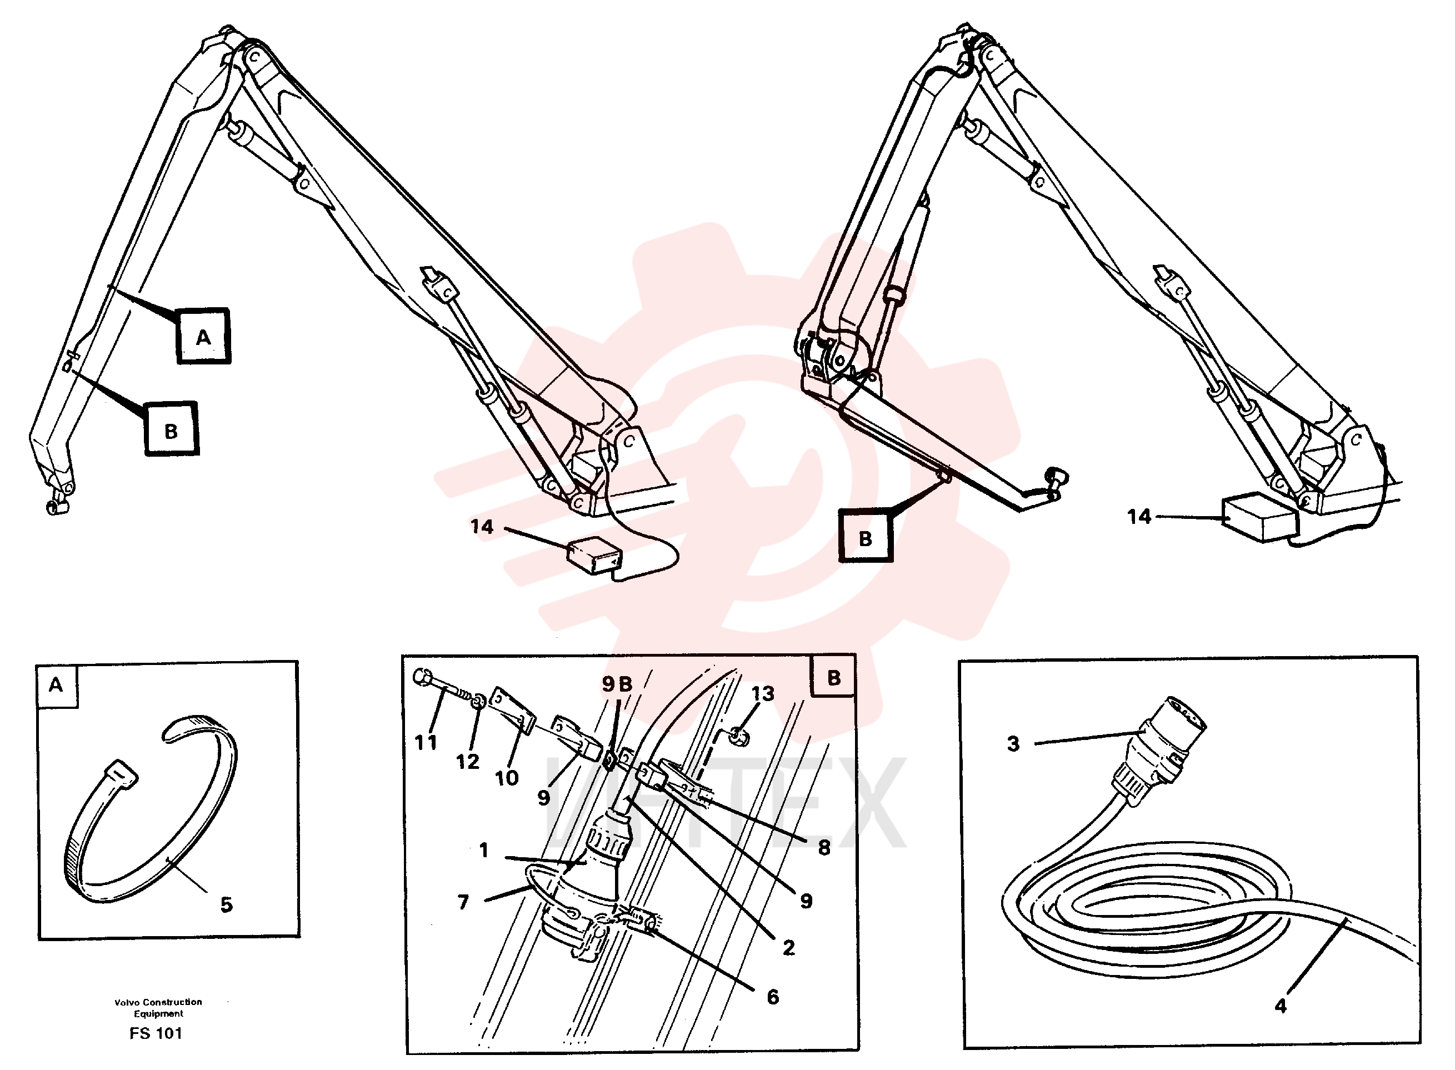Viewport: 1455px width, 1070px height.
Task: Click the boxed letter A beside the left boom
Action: pyautogui.click(x=203, y=336)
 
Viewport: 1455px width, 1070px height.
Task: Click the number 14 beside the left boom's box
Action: pyautogui.click(x=482, y=527)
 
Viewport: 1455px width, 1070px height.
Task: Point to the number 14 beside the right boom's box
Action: pyautogui.click(x=1139, y=516)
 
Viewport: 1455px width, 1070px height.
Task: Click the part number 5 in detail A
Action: pyautogui.click(x=226, y=904)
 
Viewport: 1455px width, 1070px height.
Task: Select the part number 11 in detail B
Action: pyautogui.click(x=426, y=742)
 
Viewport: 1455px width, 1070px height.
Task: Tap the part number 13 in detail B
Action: pyautogui.click(x=763, y=693)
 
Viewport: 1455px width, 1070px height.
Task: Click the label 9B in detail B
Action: pyautogui.click(x=617, y=683)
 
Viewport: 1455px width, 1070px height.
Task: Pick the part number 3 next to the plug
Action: pyautogui.click(x=1013, y=743)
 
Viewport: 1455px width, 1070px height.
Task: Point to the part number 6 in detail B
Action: pyautogui.click(x=773, y=997)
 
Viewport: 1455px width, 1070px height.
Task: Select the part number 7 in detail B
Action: pyautogui.click(x=463, y=902)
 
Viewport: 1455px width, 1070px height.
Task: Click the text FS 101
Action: pyautogui.click(x=156, y=1033)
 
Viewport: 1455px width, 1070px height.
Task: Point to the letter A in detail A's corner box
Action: pyautogui.click(x=56, y=684)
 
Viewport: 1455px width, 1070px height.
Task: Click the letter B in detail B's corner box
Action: pyautogui.click(x=833, y=677)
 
